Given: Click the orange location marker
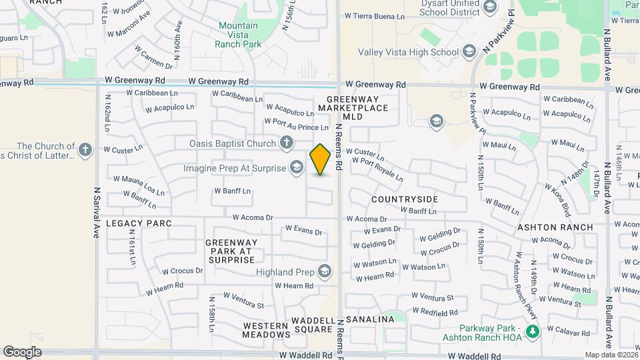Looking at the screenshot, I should click(320, 159).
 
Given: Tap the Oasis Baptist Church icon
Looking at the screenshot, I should click(286, 143).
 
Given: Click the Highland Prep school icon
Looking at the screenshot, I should click(324, 271).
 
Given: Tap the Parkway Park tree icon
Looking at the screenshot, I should click(531, 331).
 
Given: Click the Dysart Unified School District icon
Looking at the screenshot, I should click(490, 7).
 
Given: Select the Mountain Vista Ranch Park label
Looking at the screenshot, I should click(239, 35).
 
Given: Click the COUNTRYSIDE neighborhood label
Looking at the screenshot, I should click(405, 199).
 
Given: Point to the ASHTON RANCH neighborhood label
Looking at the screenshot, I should click(555, 227).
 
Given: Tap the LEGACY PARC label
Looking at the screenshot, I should click(139, 223).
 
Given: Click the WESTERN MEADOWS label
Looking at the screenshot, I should click(266, 330).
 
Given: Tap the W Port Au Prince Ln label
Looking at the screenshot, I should click(297, 123).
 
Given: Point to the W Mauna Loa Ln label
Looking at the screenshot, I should click(139, 184).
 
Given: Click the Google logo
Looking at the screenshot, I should click(22, 352).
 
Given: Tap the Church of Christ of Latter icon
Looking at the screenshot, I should click(85, 150).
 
